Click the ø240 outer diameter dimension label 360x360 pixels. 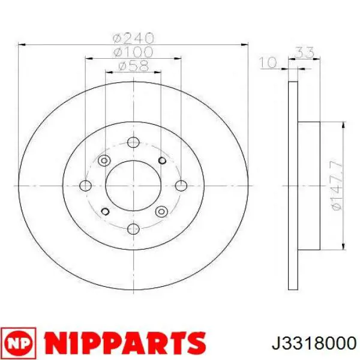click(134, 37)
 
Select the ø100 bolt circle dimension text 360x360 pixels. click(134, 52)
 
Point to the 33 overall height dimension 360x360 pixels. click(305, 52)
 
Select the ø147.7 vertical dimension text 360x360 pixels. click(337, 185)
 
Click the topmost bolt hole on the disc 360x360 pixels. click(133, 142)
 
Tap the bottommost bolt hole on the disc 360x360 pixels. click(133, 227)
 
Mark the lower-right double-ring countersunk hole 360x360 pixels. click(160, 211)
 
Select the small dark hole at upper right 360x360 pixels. click(160, 160)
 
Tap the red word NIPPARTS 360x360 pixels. click(123, 341)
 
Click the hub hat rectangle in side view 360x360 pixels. click(310, 185)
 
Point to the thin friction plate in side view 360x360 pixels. click(293, 185)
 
